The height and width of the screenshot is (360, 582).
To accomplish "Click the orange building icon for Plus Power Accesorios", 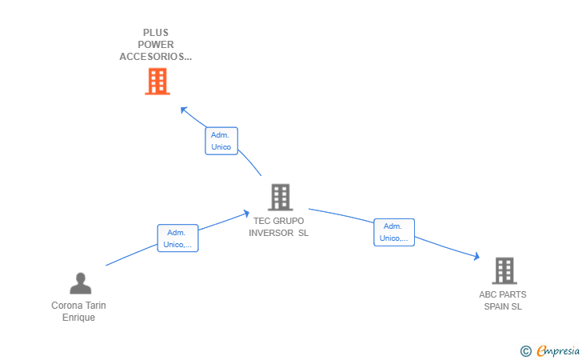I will coord(157,82).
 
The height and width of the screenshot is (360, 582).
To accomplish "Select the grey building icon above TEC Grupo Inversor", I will coord(280,197).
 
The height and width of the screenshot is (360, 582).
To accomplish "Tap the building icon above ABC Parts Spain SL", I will coord(504,270).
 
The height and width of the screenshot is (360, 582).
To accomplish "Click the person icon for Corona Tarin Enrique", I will coord(80,283).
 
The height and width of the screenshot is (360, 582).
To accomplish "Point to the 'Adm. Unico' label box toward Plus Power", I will coord(221,141).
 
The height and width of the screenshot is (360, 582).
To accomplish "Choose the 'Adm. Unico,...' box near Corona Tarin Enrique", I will coord(177,238).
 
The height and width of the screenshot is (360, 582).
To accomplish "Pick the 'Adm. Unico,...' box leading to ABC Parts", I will coord(394,232).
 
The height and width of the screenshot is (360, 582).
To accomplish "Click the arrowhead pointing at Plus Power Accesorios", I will coord(183,109).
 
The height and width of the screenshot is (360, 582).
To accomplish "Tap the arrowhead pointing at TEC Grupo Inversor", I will coord(247,213).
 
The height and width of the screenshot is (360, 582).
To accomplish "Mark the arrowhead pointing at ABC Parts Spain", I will coord(476,257).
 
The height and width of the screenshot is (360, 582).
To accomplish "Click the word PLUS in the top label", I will coord(156,34).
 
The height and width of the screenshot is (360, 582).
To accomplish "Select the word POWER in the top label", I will coord(156,45).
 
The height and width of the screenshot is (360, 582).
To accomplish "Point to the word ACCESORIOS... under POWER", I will coord(156,57).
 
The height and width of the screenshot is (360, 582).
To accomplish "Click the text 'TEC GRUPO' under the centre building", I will coord(278,222).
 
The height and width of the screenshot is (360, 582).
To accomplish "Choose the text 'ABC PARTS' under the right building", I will coord(503,294).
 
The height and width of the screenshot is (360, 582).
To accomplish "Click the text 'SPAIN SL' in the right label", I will coord(503,306).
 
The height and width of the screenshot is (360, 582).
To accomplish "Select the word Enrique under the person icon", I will coord(78,318).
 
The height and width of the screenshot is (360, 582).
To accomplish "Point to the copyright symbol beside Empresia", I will coord(526,350).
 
